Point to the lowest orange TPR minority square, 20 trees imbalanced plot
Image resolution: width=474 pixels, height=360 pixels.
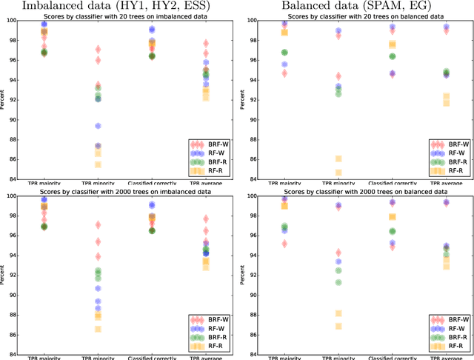point(98,164)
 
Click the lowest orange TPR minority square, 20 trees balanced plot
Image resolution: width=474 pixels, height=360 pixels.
point(338,173)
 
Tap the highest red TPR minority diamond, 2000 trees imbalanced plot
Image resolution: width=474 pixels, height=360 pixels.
point(98,224)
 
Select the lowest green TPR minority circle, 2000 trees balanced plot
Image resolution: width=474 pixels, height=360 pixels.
point(338,282)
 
